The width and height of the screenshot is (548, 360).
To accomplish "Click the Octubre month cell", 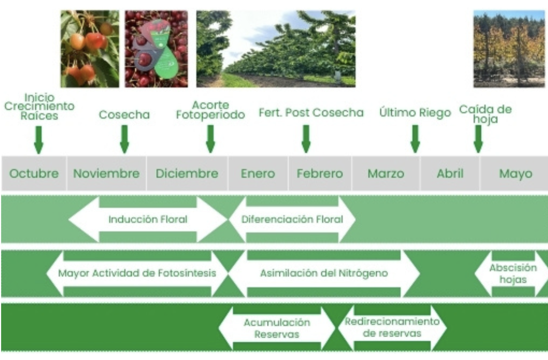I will click(x=33, y=174).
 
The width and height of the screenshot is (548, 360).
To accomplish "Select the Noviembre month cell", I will click(x=106, y=174).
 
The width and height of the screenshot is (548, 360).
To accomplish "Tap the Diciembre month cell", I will click(x=187, y=174).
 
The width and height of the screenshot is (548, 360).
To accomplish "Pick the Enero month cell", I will click(x=257, y=174).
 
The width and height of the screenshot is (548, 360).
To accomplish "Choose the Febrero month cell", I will click(x=319, y=174).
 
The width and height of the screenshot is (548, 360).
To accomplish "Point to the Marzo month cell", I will click(x=386, y=174).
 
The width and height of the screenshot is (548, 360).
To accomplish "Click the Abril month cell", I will click(x=450, y=174).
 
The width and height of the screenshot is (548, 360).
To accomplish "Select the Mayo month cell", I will click(x=515, y=174).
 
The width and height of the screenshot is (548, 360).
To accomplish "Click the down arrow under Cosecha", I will click(x=124, y=139).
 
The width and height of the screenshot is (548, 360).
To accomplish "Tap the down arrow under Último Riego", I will click(x=415, y=139).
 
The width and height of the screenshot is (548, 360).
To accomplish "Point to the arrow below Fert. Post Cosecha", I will click(x=306, y=139).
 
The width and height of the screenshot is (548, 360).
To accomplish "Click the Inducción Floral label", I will click(x=148, y=219).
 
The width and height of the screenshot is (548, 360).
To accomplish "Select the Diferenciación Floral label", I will click(x=292, y=219).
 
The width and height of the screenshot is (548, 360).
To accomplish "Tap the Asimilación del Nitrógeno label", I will click(x=324, y=273).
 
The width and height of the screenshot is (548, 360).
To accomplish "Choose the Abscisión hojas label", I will click(x=513, y=273).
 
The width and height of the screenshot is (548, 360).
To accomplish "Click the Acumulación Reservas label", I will click(x=277, y=328).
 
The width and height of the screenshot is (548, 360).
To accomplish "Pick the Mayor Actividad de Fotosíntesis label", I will click(x=137, y=273).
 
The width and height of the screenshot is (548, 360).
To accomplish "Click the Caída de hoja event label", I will click(x=484, y=114).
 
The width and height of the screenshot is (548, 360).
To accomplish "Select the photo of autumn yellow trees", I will click(x=509, y=49).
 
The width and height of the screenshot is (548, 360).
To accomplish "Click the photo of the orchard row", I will click(x=276, y=49).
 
